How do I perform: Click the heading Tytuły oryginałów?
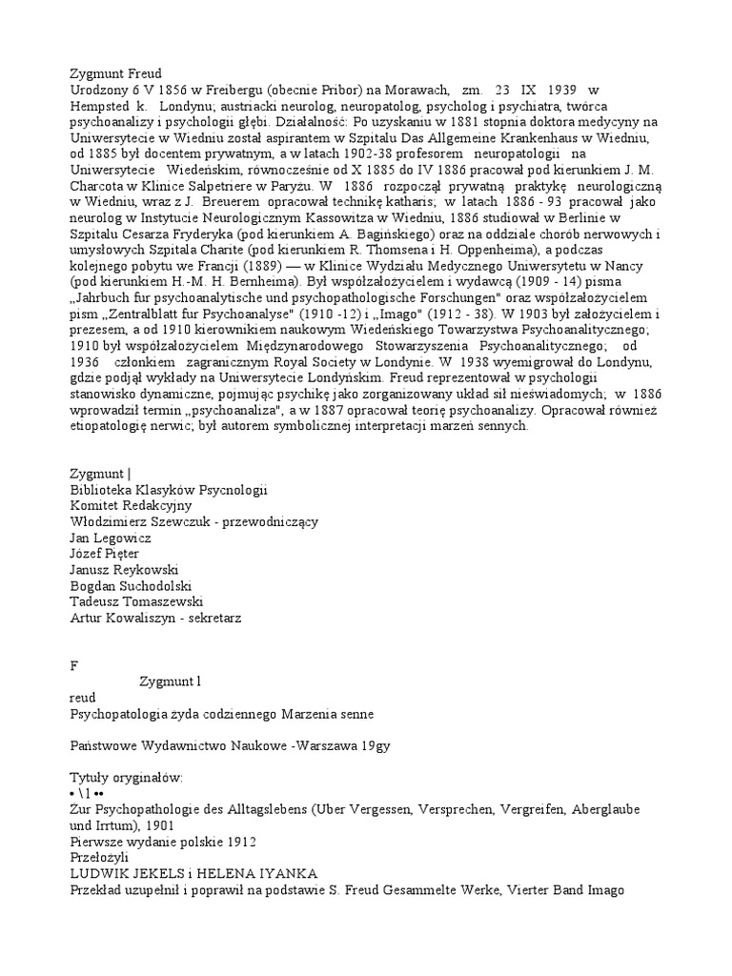coord(126,778)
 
